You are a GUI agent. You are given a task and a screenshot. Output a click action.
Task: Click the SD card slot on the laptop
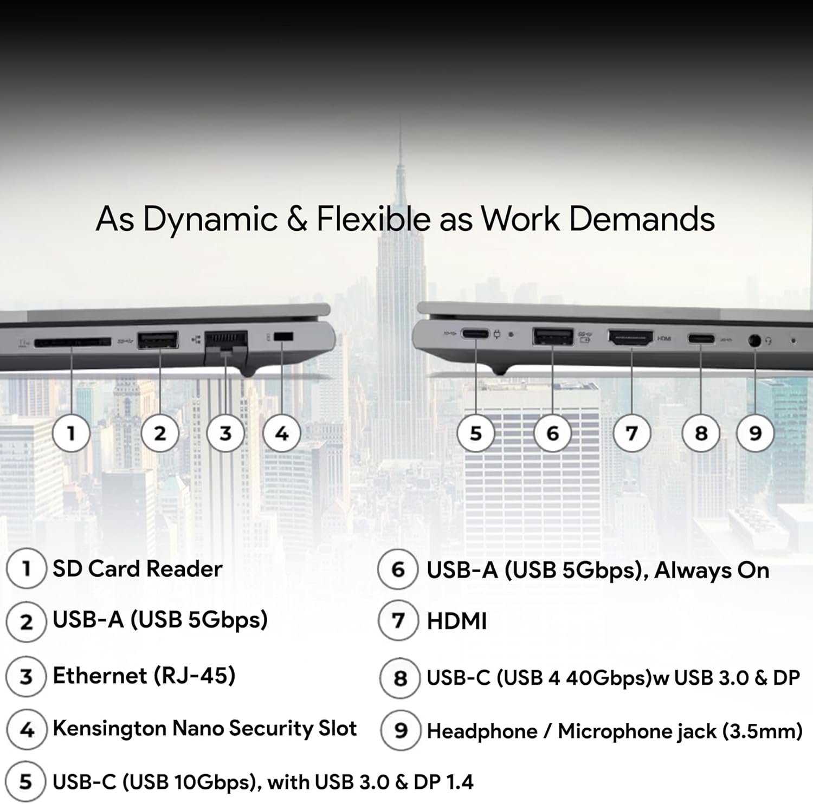(x=72, y=342)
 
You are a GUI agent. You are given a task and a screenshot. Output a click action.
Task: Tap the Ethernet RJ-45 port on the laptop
(x=226, y=341)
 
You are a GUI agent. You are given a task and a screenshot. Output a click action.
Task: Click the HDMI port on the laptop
(x=630, y=338)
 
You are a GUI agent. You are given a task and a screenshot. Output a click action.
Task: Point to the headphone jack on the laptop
(x=754, y=341)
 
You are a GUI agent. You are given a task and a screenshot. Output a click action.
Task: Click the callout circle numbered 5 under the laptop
(x=475, y=433)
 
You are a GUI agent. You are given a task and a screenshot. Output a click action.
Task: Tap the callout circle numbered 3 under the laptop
(x=225, y=433)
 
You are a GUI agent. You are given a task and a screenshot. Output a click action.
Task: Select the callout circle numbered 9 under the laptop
(x=755, y=433)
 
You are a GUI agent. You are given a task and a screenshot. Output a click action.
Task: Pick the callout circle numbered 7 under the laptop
(x=631, y=433)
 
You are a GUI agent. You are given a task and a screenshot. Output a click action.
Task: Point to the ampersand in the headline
(x=297, y=219)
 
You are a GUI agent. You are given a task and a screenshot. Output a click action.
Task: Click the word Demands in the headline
(x=641, y=219)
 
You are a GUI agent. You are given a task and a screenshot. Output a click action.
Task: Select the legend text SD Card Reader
(x=137, y=569)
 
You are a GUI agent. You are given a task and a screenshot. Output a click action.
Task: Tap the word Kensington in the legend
(x=109, y=729)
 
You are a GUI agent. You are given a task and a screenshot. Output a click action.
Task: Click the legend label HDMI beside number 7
(x=456, y=621)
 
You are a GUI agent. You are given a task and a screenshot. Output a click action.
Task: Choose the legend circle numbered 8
(x=400, y=678)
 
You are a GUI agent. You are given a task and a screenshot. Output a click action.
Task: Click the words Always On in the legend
(x=712, y=570)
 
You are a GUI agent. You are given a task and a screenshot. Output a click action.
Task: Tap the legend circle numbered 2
(x=26, y=622)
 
